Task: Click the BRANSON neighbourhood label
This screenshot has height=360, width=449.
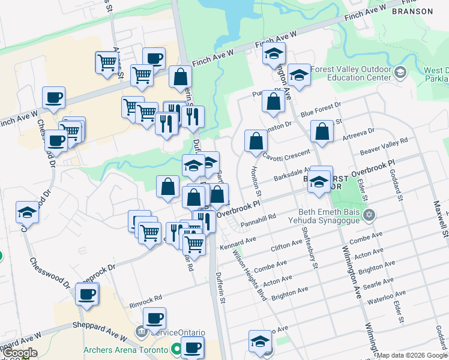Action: coord(411,11)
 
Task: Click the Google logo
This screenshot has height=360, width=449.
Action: coord(19,353)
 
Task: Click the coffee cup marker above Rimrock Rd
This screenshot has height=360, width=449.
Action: coord(88,294)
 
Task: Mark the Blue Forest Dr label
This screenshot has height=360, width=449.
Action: coord(321,110)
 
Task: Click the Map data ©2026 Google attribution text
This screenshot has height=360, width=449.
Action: coord(412,355)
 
